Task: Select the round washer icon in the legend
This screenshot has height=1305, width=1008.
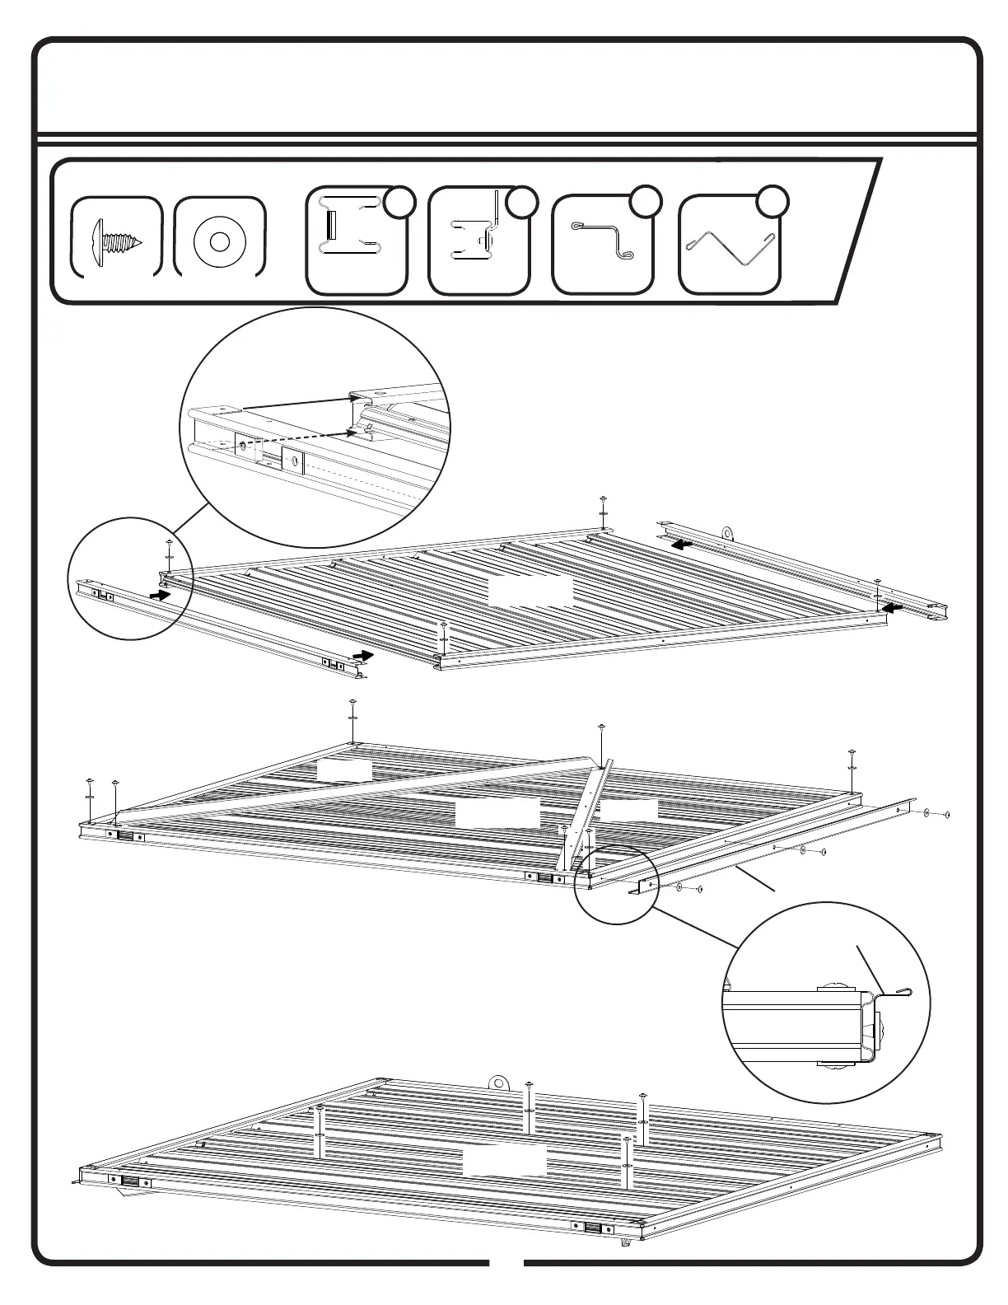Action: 219,241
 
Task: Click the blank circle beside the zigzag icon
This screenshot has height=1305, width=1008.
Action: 772,202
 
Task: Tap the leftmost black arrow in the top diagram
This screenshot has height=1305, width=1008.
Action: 160,593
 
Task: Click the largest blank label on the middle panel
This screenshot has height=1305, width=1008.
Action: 497,813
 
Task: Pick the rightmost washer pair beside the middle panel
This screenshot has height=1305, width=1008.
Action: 936,814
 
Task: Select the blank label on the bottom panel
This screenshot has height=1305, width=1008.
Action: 504,1162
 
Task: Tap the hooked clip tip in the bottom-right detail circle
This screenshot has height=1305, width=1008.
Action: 906,993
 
